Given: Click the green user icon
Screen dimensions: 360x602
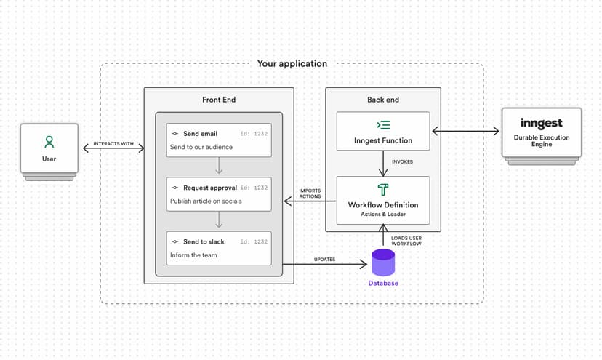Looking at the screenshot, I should tap(49, 142).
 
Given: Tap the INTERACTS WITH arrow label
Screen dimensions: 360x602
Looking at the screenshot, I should tap(113, 144).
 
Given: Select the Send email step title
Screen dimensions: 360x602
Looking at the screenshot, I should tap(200, 134).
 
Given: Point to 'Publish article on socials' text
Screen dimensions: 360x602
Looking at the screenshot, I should tap(206, 201).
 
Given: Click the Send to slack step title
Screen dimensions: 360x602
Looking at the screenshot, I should tap(204, 241).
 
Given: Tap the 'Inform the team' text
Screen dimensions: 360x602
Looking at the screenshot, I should tap(193, 255).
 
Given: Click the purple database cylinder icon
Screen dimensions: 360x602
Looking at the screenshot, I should tap(383, 263).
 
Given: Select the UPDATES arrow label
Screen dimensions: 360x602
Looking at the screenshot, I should tap(324, 259).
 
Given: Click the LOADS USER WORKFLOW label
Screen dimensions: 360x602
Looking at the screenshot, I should tap(406, 241).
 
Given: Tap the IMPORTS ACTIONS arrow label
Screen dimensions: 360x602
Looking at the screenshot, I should tap(310, 193).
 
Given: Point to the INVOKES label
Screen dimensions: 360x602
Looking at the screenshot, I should tap(402, 161).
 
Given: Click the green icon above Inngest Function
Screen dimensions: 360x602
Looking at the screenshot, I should tap(383, 124).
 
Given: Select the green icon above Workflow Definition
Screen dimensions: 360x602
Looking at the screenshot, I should tap(383, 190).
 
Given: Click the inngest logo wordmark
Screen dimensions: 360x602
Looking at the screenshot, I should tap(541, 124).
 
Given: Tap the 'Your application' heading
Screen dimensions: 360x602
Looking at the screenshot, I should tap(292, 64).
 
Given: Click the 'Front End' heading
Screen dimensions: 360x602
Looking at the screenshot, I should tap(219, 100).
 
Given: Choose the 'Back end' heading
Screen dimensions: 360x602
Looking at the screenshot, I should tap(383, 100).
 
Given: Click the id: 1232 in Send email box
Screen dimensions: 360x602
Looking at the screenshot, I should tap(254, 134).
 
